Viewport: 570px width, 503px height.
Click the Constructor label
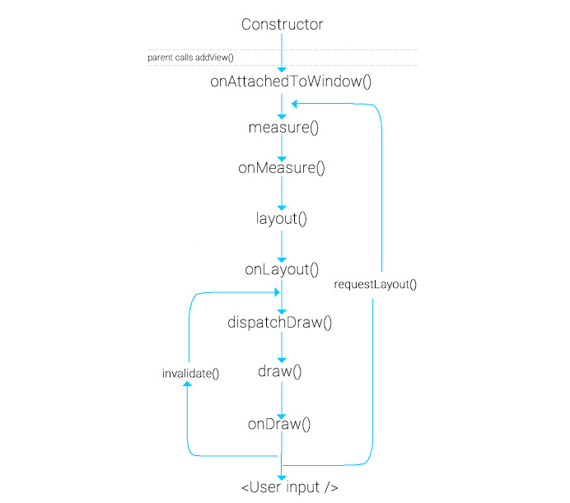282,25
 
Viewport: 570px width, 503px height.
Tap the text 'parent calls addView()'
191,58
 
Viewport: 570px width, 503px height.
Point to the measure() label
282,128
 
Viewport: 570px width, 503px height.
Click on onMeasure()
282,168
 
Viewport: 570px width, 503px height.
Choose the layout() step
282,219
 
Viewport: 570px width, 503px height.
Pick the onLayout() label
282,269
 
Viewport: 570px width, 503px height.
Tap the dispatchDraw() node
280,322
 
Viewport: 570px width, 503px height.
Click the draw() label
280,371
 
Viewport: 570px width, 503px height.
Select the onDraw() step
280,425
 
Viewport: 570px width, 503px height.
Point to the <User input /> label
289,487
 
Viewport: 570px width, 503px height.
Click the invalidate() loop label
191,374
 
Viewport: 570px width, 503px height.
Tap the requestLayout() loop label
376,285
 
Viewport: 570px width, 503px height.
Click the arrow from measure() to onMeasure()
282,148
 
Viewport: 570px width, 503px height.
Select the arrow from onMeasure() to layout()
282,193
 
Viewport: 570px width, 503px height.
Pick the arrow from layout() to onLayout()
282,245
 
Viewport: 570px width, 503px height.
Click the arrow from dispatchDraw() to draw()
282,347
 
